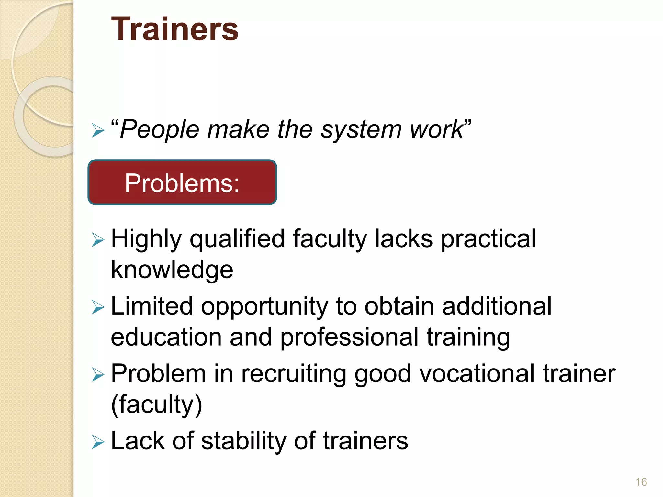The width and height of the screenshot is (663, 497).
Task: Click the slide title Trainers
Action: [175, 30]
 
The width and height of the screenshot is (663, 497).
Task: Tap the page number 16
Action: [641, 482]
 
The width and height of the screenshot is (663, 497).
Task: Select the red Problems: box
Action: [182, 182]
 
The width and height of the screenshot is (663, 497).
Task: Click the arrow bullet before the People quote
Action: [98, 131]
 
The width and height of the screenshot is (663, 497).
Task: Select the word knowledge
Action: [172, 270]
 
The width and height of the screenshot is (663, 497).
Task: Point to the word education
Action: [166, 337]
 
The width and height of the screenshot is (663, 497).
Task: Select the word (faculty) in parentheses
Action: [156, 404]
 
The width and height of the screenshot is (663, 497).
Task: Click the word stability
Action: [244, 441]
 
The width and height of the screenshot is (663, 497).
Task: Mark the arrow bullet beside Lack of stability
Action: [98, 442]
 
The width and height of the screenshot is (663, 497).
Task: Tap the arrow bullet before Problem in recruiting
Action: [98, 375]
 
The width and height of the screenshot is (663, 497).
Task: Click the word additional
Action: [497, 306]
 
